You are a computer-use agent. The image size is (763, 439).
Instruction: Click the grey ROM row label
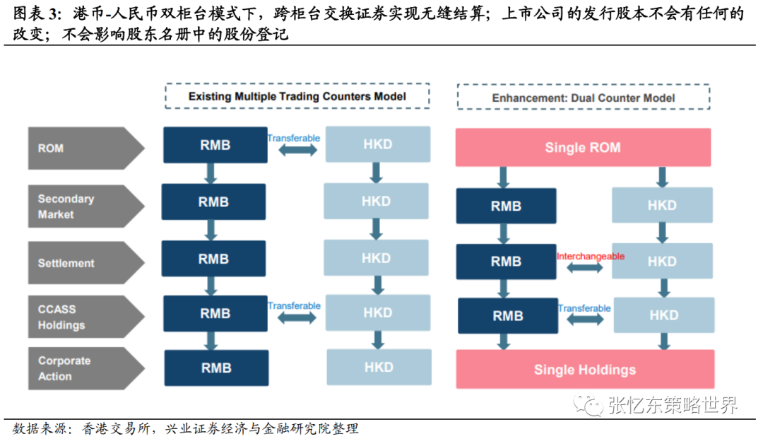[78, 148]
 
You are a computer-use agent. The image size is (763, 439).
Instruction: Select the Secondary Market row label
[78, 206]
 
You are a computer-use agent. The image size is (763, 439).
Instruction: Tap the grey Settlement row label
[78, 263]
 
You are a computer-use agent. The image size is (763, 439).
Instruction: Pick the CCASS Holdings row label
[78, 317]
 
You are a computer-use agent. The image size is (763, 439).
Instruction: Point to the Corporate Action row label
[78, 368]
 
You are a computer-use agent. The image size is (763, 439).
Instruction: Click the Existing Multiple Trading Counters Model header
[297, 96]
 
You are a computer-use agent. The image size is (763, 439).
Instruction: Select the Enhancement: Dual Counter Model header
[583, 98]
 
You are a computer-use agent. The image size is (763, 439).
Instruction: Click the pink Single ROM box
[583, 148]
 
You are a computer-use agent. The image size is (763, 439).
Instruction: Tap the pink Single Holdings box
[584, 369]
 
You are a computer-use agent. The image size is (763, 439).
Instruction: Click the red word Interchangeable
[591, 257]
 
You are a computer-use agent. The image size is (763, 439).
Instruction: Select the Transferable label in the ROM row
[294, 139]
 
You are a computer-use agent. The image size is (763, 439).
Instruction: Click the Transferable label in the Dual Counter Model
[584, 308]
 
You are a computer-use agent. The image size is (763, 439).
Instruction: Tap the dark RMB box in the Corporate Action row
[216, 368]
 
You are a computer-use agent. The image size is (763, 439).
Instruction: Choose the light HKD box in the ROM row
[377, 144]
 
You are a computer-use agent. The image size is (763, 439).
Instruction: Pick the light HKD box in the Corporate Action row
[379, 367]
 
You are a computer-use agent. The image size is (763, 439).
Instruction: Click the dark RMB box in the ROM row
[214, 145]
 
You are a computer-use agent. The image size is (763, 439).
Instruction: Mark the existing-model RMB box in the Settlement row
[213, 259]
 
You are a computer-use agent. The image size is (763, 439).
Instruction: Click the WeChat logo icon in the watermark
[588, 404]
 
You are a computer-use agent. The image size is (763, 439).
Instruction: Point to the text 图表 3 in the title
[33, 14]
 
